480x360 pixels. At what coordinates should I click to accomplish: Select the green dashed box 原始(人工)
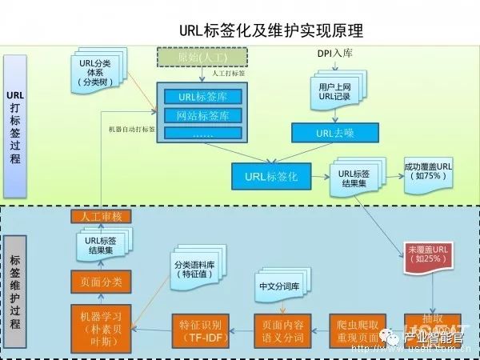[201, 57]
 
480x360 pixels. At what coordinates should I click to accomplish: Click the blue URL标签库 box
[202, 98]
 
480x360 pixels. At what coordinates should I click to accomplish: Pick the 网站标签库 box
[202, 116]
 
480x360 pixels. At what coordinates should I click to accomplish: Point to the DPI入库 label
[335, 54]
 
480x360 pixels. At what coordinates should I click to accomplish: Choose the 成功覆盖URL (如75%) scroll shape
[428, 170]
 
